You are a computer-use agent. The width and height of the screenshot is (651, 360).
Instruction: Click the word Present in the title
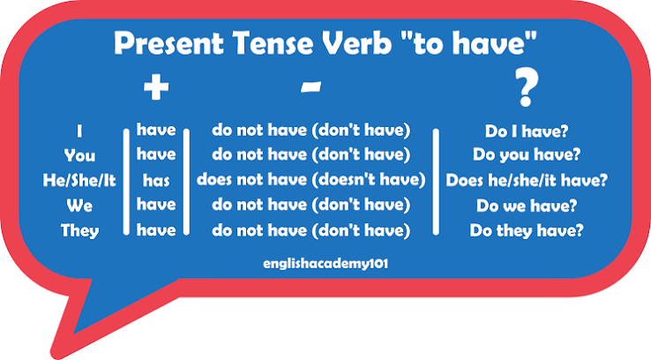168,43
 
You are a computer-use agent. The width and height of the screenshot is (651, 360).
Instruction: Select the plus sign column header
156,87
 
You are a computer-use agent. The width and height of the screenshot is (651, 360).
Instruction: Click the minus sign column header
311,86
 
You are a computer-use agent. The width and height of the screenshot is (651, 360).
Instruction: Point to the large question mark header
527,87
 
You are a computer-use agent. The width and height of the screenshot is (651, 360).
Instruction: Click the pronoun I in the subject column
79,131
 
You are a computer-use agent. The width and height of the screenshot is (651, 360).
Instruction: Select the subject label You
79,155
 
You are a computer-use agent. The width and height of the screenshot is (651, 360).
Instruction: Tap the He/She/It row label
79,181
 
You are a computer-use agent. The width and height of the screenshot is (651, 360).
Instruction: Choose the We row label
79,206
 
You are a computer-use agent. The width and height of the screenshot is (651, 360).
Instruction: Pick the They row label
79,231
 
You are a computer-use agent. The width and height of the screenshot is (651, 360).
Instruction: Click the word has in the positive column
156,181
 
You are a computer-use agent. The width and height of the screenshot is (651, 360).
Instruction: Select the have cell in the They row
156,230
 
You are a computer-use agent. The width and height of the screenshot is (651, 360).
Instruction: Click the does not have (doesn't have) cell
311,180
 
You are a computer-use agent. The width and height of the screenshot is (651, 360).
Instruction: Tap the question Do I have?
527,131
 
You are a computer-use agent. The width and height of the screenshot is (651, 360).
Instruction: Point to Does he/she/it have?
527,180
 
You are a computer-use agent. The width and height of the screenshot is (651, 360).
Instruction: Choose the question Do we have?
527,206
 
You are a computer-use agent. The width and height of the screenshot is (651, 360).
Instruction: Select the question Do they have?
527,230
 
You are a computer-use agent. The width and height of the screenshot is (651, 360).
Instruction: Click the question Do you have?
527,155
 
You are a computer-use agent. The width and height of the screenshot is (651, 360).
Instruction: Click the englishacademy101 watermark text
325,264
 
